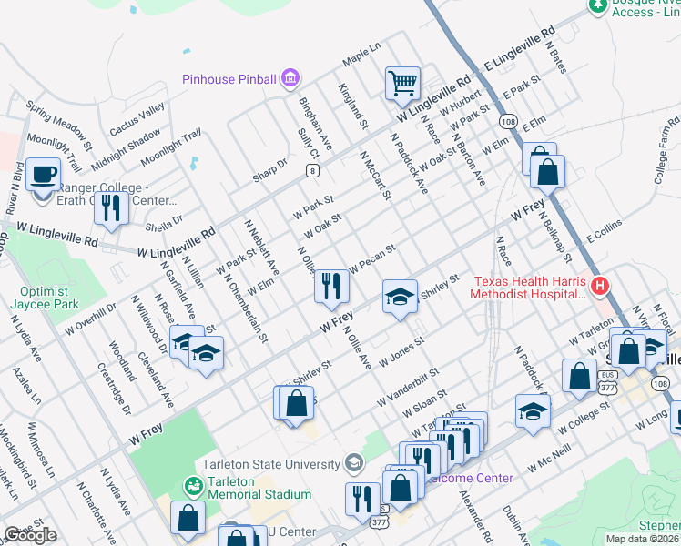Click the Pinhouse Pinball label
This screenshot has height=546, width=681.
[x=229, y=79]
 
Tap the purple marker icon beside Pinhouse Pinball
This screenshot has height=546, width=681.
[x=290, y=79]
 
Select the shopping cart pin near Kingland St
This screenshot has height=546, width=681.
[x=402, y=85]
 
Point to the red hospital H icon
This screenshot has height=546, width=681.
[x=599, y=287]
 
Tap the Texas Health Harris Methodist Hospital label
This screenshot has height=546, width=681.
[x=528, y=287]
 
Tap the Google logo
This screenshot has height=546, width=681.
[x=30, y=536]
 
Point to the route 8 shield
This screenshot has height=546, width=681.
[x=313, y=170]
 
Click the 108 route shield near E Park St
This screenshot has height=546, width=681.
[x=507, y=121]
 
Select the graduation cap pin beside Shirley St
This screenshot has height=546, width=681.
[x=399, y=297]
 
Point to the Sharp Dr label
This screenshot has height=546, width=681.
[x=269, y=169]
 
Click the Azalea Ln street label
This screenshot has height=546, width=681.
[x=25, y=386]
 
